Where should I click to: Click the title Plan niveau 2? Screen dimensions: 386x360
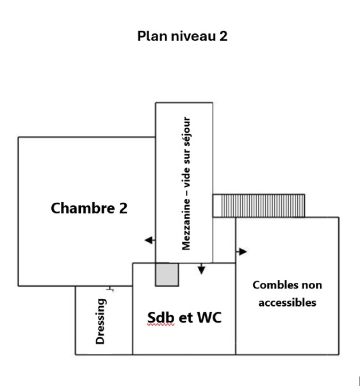(x=182, y=36)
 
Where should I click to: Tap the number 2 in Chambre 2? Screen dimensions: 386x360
(x=122, y=208)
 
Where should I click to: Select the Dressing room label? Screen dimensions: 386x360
(x=101, y=321)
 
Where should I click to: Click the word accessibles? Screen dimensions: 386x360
(x=287, y=302)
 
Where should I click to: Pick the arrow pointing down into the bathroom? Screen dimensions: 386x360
(x=201, y=269)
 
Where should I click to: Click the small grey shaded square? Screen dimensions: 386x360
(x=167, y=274)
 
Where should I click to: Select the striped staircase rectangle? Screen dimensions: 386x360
(x=259, y=206)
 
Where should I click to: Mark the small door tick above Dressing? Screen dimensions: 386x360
(x=111, y=289)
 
